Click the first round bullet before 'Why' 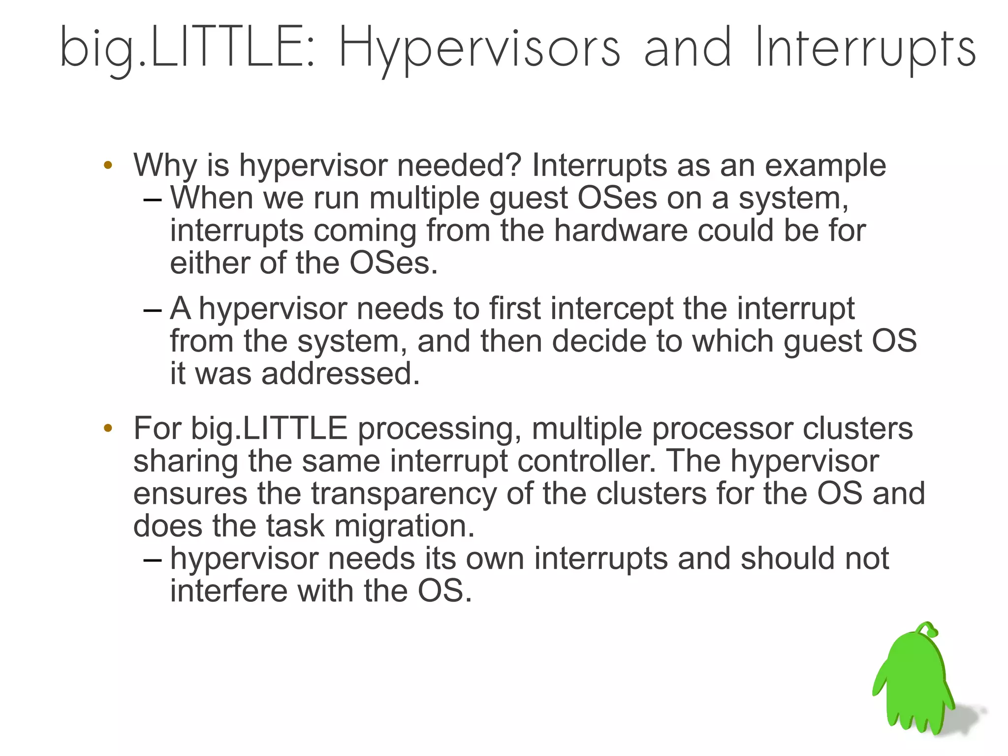pos(108,165)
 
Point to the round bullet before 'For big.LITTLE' pos(108,428)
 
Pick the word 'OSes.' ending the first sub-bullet pos(393,263)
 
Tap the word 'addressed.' pos(341,374)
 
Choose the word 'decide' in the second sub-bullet pos(599,341)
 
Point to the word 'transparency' pos(404,494)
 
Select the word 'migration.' pos(405,526)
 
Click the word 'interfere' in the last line pos(228,591)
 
